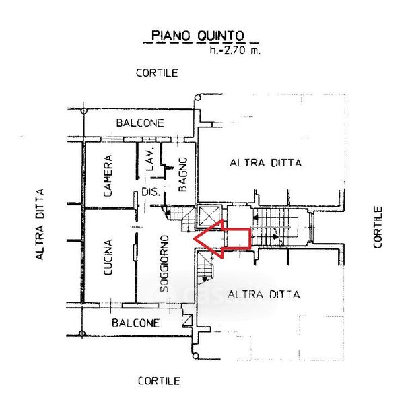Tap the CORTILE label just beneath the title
(x=157, y=73)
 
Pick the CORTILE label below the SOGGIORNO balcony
(x=160, y=381)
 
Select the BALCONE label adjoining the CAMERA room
(x=140, y=123)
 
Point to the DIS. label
(x=150, y=193)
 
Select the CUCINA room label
(x=108, y=259)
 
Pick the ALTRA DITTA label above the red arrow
(x=265, y=162)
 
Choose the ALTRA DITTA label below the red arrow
(x=264, y=294)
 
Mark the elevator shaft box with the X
(x=208, y=216)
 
